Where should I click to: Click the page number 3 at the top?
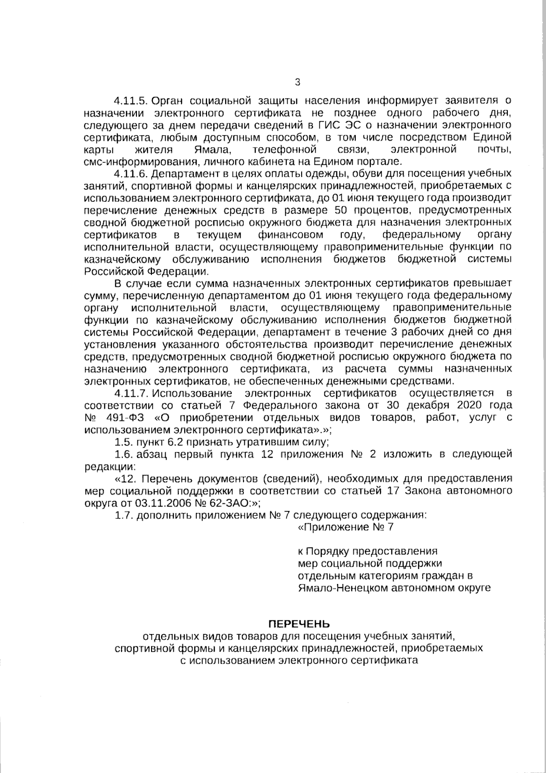point(298,82)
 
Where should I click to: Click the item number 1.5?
point(122,442)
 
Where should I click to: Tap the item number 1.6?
point(122,454)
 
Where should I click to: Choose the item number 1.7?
point(122,515)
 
